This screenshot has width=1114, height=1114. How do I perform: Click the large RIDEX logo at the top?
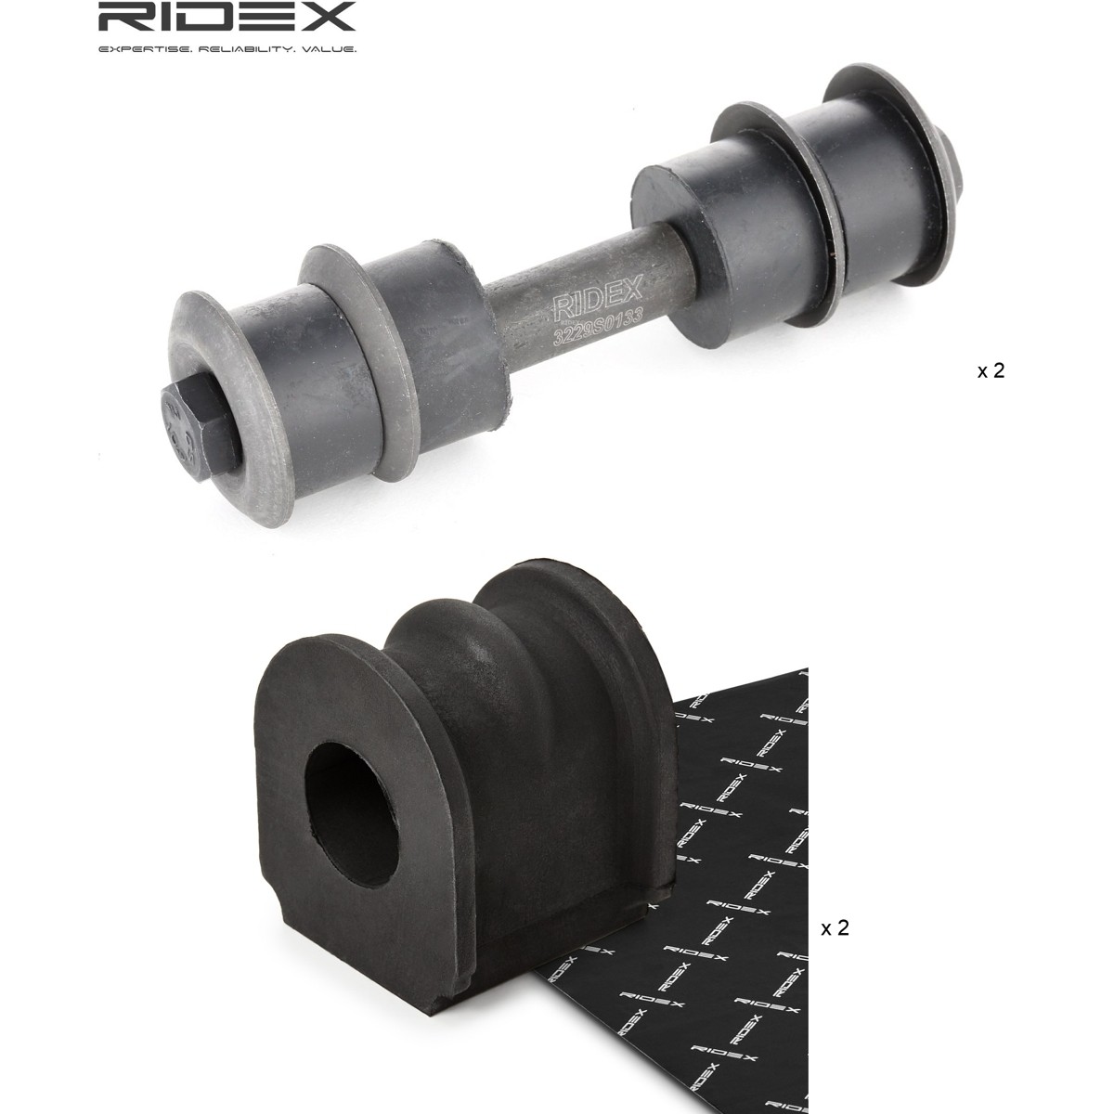227,18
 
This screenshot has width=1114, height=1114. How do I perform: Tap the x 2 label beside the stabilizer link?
991,370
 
